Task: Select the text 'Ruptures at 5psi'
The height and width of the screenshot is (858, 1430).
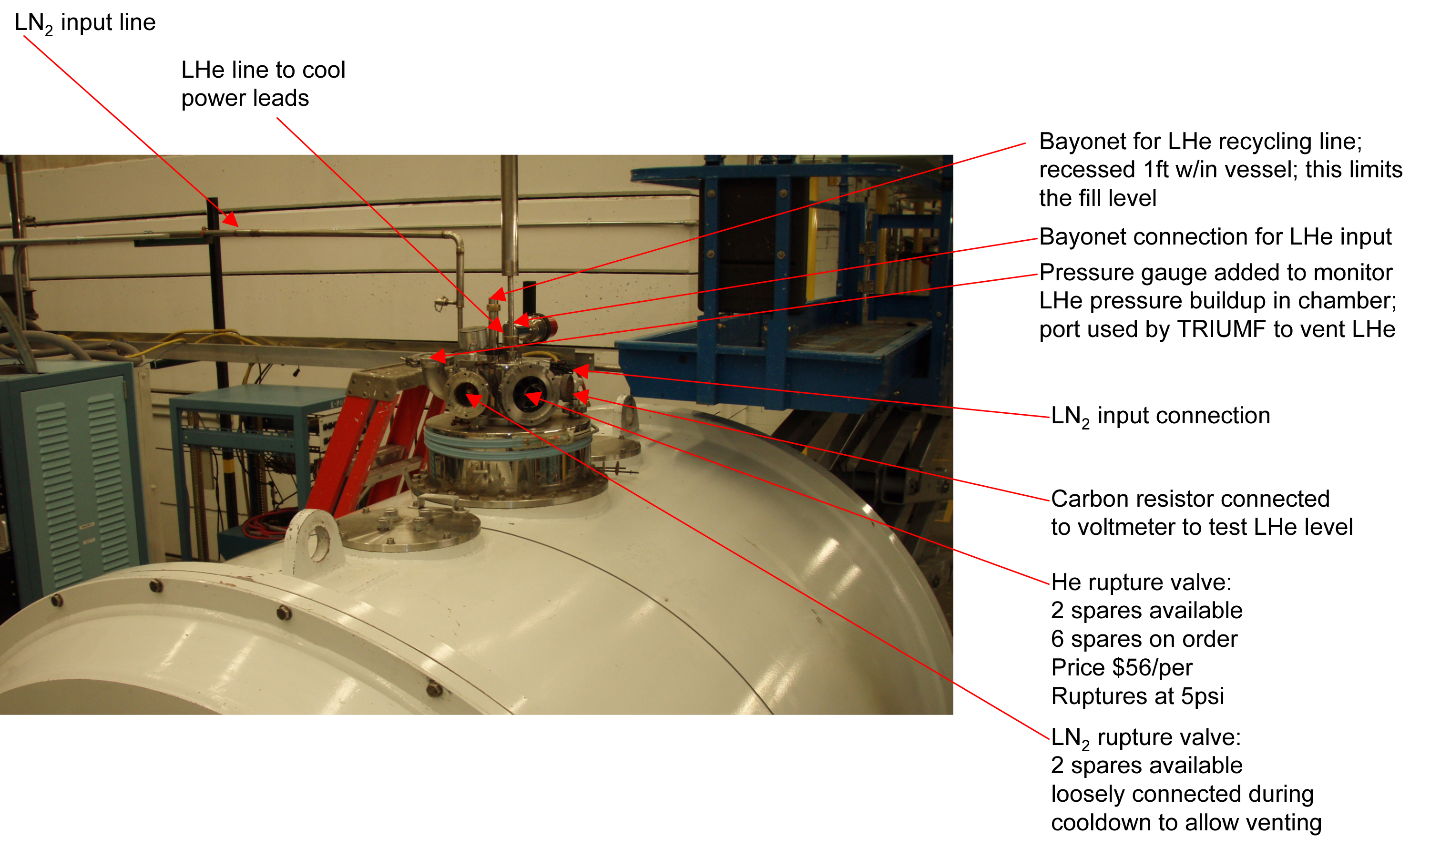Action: [1137, 696]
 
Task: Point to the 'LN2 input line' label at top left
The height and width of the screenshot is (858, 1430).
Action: [85, 23]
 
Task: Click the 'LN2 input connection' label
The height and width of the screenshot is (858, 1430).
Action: [1161, 416]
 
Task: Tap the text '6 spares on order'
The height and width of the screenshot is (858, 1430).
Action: [1144, 639]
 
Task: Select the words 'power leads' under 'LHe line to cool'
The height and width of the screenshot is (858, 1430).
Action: [245, 99]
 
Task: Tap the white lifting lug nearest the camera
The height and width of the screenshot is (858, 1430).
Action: [312, 541]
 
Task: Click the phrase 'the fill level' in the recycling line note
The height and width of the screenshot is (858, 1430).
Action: [1098, 198]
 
